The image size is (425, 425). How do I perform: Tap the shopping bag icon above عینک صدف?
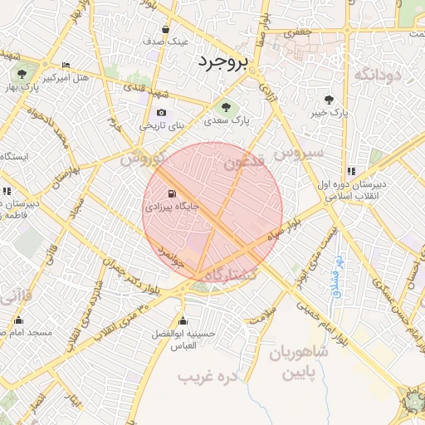(x=166, y=28)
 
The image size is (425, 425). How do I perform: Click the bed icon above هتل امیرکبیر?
(x=66, y=66)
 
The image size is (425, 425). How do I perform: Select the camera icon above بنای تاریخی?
(x=160, y=113)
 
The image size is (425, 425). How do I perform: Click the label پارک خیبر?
(x=328, y=112)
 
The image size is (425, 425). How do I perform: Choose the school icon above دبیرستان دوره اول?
(x=351, y=171)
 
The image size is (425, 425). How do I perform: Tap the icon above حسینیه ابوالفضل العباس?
(x=183, y=320)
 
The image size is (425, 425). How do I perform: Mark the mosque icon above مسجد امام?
(x=17, y=320)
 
